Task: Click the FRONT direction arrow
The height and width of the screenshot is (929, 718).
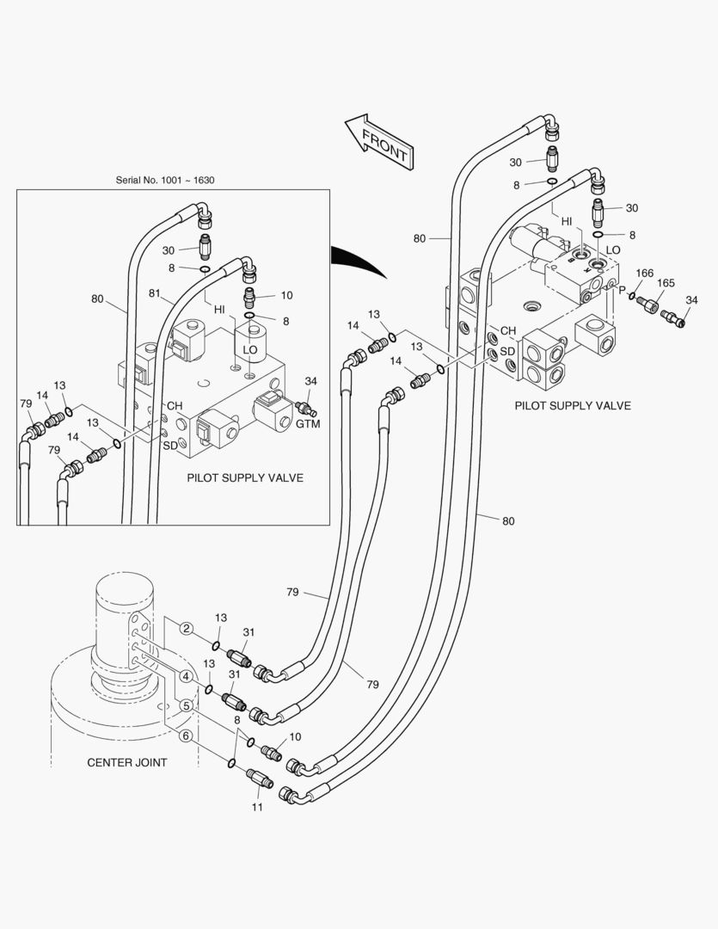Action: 378,141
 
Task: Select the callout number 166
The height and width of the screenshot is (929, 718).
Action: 645,274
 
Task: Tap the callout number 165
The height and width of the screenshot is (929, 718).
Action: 666,283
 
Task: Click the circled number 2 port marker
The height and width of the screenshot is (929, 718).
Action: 186,629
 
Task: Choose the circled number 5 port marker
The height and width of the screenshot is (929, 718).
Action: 186,705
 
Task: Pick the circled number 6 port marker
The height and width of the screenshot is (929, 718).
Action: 186,735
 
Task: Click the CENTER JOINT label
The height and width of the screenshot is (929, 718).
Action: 127,762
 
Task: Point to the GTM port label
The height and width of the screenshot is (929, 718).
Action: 308,424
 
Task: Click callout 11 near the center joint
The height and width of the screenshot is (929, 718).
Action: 257,807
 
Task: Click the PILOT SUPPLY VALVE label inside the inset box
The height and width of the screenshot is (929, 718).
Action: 245,477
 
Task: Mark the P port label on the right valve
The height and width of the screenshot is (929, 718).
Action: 622,290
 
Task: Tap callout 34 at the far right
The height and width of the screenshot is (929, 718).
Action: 692,299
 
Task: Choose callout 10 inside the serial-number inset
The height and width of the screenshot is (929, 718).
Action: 286,295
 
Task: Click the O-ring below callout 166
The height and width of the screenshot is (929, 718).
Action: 632,297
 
